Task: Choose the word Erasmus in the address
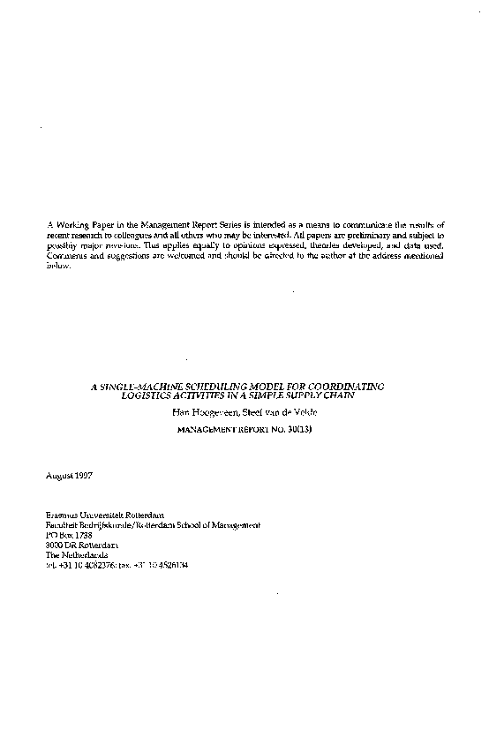pyautogui.click(x=62, y=516)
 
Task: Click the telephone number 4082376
pyautogui.click(x=103, y=564)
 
